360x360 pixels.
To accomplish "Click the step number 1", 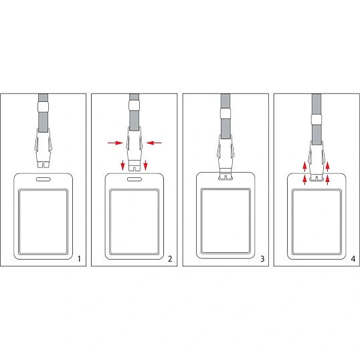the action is point(79,259).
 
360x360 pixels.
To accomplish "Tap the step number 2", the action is point(170,259).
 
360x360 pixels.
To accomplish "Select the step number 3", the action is point(262,259).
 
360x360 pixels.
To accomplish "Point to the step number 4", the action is point(353,259).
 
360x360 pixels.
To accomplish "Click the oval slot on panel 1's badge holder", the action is point(43,179).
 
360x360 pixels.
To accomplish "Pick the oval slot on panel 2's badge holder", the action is point(134,179).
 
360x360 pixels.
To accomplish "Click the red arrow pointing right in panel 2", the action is point(115,143).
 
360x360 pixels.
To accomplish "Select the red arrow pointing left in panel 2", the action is point(154,143).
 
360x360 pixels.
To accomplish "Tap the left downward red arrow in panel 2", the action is point(123,165).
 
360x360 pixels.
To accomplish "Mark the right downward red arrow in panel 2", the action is point(146,165).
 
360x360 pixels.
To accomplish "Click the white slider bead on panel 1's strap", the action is point(43,107).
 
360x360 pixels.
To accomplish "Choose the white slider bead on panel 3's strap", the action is point(226,113).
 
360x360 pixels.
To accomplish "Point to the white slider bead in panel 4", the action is point(317,119).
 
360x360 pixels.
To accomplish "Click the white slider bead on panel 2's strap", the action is point(134,105).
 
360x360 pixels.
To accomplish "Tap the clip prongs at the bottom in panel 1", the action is point(43,165).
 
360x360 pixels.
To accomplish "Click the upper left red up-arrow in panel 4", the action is point(304,167).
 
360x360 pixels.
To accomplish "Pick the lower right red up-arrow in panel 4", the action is point(327,180).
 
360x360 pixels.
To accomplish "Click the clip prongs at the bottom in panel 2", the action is point(134,167).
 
